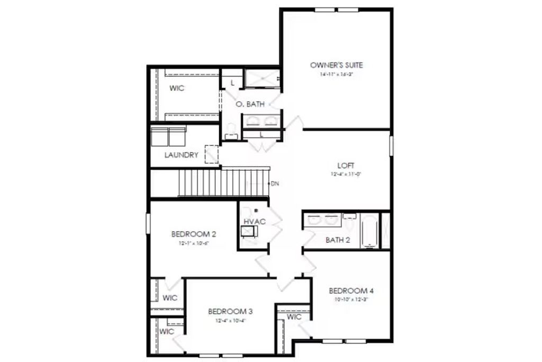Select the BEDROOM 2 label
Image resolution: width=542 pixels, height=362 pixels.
tap(194, 234)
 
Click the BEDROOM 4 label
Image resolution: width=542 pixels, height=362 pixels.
tap(351, 290)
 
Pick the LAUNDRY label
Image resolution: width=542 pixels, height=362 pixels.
tap(181, 155)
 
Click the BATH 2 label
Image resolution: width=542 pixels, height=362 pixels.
tap(338, 240)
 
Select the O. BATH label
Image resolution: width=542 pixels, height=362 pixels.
tap(249, 104)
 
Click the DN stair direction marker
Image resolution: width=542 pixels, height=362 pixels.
tap(275, 184)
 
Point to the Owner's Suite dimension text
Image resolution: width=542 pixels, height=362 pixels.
tap(336, 75)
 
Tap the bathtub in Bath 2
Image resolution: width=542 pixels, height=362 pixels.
tap(369, 231)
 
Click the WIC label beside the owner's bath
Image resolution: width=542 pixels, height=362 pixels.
tap(177, 89)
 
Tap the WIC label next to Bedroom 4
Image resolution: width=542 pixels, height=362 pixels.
tap(294, 317)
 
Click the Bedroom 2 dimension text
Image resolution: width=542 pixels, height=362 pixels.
tap(194, 244)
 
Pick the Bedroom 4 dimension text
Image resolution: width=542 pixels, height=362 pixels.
tap(351, 299)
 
